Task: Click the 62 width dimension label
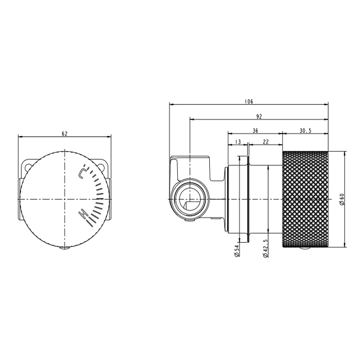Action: tap(64, 134)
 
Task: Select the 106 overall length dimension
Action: tap(249, 101)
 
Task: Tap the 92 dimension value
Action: tap(259, 117)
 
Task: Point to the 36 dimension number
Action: tap(255, 130)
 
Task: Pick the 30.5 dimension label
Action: tap(305, 130)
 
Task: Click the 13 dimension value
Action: tap(238, 142)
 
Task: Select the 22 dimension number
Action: tap(265, 142)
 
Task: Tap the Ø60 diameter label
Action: tap(342, 199)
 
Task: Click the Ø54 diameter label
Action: tap(237, 251)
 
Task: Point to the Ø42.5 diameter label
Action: tap(265, 248)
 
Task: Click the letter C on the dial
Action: tap(82, 172)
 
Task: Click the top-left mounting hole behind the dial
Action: tap(28, 167)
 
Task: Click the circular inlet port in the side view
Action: tap(190, 199)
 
